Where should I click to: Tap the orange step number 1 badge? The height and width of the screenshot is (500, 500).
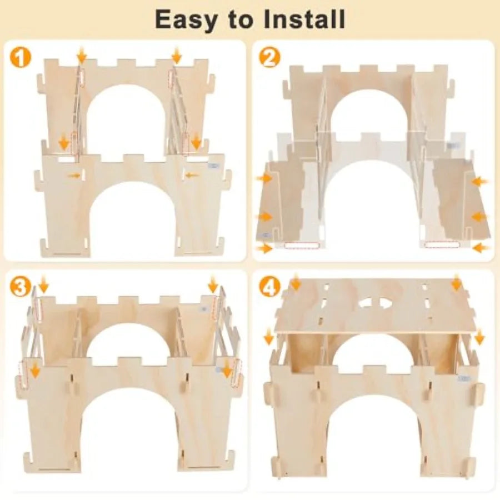tap(21, 58)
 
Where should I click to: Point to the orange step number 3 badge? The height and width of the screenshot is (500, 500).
tap(21, 288)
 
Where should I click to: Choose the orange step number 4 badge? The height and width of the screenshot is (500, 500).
tap(270, 288)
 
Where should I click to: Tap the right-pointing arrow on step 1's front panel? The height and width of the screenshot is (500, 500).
tap(74, 176)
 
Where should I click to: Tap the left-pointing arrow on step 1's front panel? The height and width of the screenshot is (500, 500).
tap(191, 175)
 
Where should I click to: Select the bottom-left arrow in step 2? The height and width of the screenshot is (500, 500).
tap(265, 248)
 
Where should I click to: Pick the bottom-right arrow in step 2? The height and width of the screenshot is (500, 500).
tap(481, 248)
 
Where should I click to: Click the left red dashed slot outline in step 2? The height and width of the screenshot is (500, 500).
tap(301, 246)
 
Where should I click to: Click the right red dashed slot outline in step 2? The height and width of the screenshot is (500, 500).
tap(442, 245)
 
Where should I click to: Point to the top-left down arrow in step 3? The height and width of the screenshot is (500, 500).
tap(43, 285)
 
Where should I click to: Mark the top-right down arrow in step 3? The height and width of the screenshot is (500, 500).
tap(213, 285)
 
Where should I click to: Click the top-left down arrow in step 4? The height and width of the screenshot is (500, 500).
tap(296, 282)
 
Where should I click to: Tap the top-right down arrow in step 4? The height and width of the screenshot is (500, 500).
tap(457, 282)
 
